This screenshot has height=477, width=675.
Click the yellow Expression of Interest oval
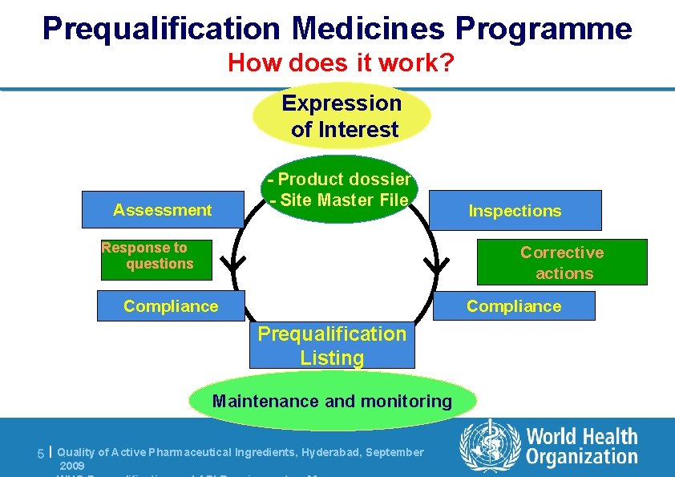coord(342,116)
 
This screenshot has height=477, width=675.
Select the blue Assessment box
coord(163,210)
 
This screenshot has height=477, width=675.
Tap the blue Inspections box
coord(515,211)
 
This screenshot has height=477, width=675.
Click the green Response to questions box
coord(156,260)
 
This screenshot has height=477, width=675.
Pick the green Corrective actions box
coord(561,262)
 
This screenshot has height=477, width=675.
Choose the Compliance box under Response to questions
coord(171,305)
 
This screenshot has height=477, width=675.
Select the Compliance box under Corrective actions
coord(514,305)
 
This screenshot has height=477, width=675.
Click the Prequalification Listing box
coord(332,346)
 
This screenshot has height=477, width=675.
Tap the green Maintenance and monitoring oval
coord(332,401)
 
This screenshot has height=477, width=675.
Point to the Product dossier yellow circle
coord(340,190)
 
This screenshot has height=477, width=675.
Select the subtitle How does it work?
coord(341,62)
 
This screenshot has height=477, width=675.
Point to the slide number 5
coord(41,454)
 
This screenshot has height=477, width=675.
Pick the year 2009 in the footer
coord(71,465)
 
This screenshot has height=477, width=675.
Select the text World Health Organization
coord(581,447)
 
